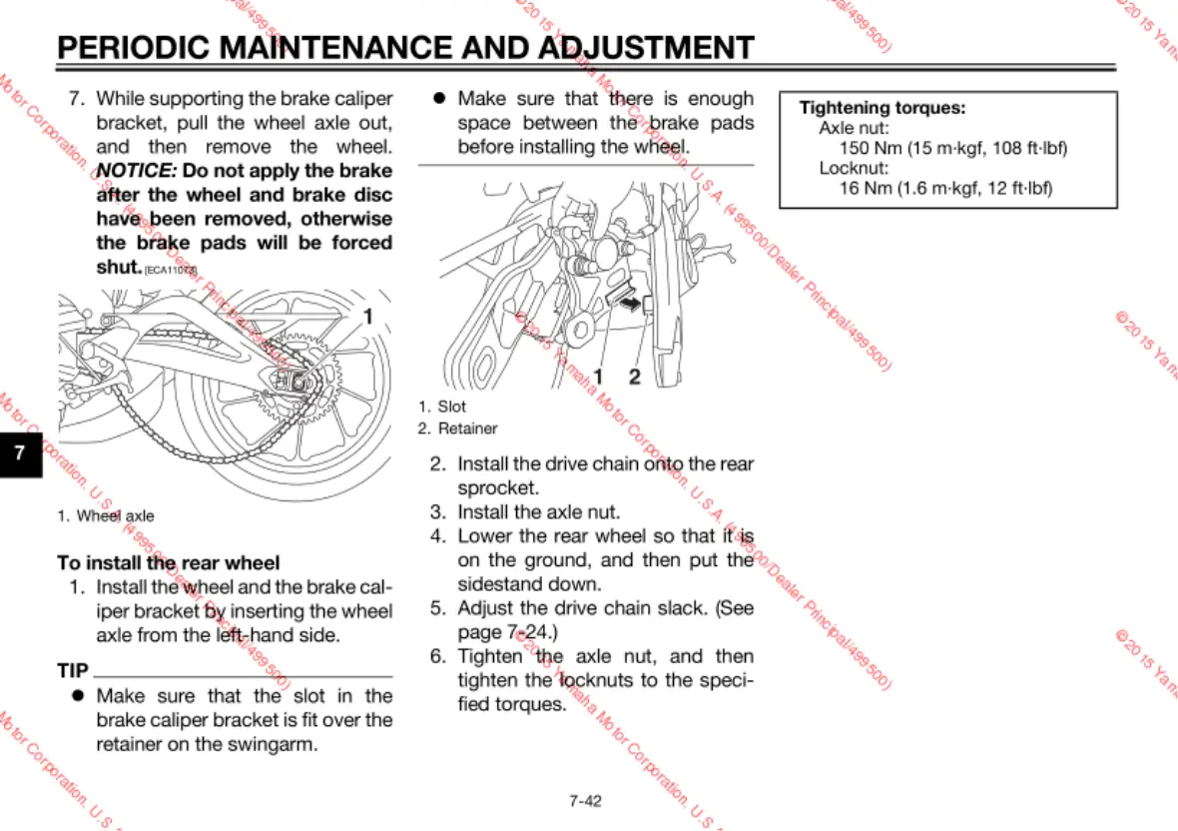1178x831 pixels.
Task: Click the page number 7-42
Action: pos(586,800)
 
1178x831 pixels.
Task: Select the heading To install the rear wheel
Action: pos(169,563)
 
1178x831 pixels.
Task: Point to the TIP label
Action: pos(73,670)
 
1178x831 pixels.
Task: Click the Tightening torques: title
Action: pos(883,108)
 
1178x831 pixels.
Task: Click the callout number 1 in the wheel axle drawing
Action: pos(367,317)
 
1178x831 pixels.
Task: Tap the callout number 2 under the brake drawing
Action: pos(634,377)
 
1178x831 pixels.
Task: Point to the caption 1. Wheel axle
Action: pos(106,516)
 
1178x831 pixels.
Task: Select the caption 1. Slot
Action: pos(442,407)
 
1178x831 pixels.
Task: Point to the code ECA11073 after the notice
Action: pos(171,271)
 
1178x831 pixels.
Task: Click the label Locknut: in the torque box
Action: pos(848,168)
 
